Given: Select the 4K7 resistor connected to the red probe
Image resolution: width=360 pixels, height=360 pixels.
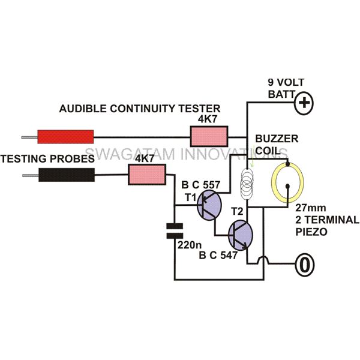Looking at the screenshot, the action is (209, 136).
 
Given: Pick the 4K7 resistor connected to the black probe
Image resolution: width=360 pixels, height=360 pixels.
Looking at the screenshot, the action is (147, 175).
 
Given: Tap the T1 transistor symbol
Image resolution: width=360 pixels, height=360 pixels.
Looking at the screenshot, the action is (209, 205).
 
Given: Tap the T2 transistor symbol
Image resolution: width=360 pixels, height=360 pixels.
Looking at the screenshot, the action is (241, 235).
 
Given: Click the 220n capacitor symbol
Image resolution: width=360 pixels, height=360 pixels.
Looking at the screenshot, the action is (175, 231).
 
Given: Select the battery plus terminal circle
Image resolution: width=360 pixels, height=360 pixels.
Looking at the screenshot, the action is (304, 103).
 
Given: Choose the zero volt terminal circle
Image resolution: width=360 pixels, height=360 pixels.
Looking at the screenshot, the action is (304, 265).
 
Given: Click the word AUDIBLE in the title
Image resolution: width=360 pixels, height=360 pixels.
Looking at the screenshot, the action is (83, 109).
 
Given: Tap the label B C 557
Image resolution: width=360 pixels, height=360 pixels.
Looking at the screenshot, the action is (200, 185).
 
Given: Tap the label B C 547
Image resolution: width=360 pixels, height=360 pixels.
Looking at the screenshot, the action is (218, 256).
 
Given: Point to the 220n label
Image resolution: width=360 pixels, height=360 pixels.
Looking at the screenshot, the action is (190, 245).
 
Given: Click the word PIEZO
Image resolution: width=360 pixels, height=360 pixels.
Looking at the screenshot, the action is (311, 232).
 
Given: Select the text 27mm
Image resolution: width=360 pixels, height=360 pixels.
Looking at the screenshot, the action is (310, 208).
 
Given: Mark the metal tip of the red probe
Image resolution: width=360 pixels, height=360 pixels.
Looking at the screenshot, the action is (29, 137).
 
